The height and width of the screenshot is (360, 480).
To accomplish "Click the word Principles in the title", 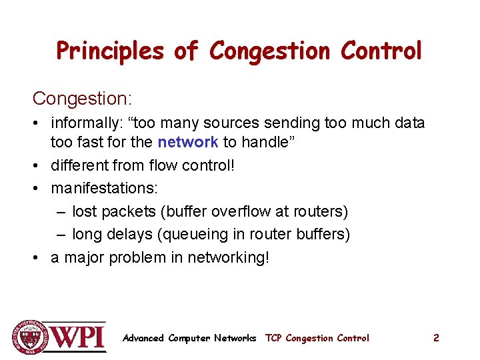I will click(109, 51).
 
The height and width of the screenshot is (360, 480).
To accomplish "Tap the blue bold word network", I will click(187, 142).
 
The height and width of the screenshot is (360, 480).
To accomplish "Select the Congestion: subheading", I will click(82, 99).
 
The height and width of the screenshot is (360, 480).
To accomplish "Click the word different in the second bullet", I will click(79, 165).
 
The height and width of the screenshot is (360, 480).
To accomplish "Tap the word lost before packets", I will click(84, 212).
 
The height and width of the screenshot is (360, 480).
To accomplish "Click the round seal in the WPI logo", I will click(29, 337).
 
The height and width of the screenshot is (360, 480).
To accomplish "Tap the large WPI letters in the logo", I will click(78, 337).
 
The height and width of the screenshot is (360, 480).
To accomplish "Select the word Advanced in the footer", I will click(143, 338).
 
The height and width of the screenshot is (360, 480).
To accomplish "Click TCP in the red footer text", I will click(273, 338).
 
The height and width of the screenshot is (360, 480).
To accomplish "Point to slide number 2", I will click(436, 338).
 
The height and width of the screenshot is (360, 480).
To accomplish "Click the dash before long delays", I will click(61, 235).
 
